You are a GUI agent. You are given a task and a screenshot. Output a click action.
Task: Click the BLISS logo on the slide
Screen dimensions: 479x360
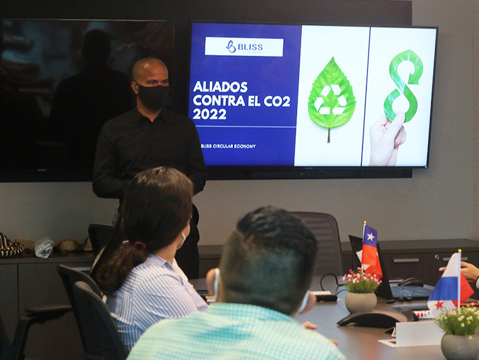(x=244, y=46)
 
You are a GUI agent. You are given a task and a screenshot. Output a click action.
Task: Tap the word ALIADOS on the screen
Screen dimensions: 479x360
(x=220, y=87)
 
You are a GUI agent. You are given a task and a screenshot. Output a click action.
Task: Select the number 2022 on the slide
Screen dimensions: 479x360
(x=210, y=114)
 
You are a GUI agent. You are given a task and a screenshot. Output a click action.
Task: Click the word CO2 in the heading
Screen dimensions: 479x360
(x=277, y=101)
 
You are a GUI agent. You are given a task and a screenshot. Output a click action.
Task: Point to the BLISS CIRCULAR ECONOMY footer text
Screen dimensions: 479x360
(x=228, y=146)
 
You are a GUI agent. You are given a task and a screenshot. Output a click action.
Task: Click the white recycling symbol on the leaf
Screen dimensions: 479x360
(x=331, y=100)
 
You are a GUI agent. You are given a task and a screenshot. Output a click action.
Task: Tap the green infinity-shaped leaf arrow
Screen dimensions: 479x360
(x=402, y=85)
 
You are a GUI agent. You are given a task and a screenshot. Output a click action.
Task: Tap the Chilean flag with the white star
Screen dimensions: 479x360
(x=371, y=250)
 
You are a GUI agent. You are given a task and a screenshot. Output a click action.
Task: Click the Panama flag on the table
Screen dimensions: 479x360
(x=450, y=285)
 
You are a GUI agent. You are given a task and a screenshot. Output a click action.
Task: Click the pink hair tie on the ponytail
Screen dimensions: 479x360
(x=140, y=245)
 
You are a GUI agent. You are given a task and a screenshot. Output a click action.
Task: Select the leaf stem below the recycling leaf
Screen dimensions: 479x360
(x=329, y=135)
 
